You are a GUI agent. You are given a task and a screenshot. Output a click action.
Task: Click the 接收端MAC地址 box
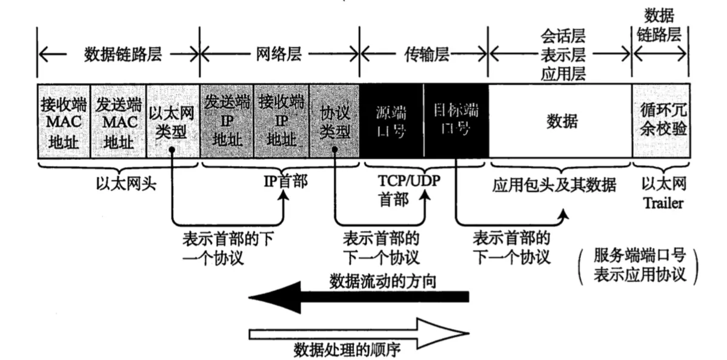click(x=63, y=121)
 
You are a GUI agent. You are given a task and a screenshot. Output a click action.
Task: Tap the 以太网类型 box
click(x=172, y=121)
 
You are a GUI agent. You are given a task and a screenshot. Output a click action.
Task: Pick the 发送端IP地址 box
click(x=227, y=121)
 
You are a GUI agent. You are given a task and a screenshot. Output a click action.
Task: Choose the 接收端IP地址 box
click(x=281, y=121)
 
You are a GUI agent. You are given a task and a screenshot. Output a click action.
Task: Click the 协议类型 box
click(x=334, y=121)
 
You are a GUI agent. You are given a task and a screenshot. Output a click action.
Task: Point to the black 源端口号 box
click(x=391, y=121)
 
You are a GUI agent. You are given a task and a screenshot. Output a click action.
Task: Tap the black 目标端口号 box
click(x=456, y=121)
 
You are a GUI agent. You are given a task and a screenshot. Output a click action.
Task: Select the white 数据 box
click(x=561, y=121)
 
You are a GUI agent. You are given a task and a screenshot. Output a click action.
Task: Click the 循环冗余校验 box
click(x=663, y=121)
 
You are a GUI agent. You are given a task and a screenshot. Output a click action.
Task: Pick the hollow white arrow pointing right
click(x=357, y=332)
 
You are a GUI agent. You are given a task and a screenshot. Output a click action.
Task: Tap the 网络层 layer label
click(x=279, y=55)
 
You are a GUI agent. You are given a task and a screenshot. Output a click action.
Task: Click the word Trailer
click(x=662, y=202)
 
